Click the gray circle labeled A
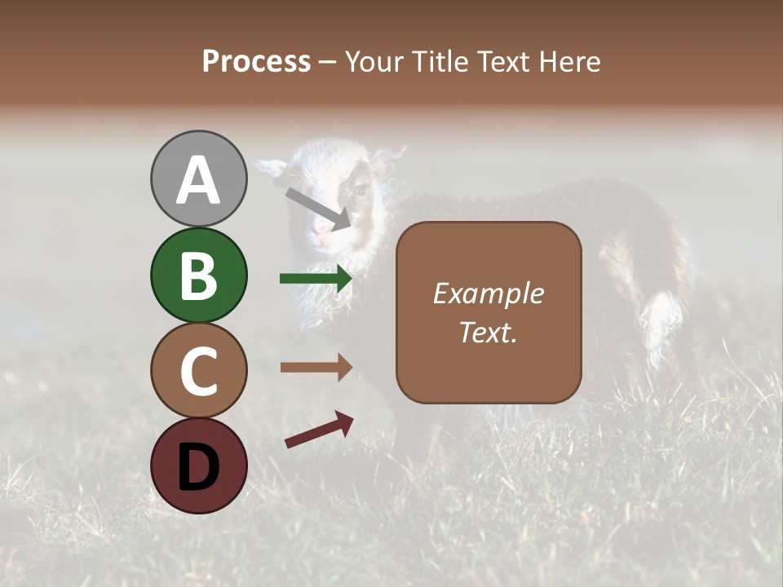(x=198, y=179)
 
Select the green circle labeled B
(x=198, y=275)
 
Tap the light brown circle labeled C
(x=198, y=370)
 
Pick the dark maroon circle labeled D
(x=198, y=466)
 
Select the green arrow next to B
(x=316, y=279)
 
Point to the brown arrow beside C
(x=316, y=367)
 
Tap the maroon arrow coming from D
(x=319, y=430)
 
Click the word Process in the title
(x=256, y=61)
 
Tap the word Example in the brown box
(x=488, y=293)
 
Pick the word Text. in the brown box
(x=488, y=332)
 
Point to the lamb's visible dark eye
(x=357, y=191)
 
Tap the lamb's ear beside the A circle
(x=272, y=167)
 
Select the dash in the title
(x=327, y=62)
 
